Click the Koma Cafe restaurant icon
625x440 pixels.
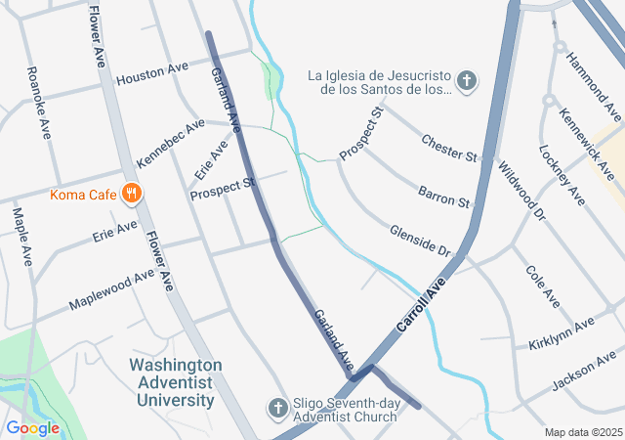[131, 194]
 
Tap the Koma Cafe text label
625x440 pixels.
[84, 194]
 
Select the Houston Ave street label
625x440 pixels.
[151, 73]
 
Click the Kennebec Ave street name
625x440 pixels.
[171, 143]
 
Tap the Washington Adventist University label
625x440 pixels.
[176, 382]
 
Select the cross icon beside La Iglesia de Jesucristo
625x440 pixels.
[467, 81]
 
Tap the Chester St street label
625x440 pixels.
[448, 150]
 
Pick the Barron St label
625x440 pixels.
[444, 195]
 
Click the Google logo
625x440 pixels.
[32, 427]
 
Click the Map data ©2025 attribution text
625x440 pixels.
[582, 432]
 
